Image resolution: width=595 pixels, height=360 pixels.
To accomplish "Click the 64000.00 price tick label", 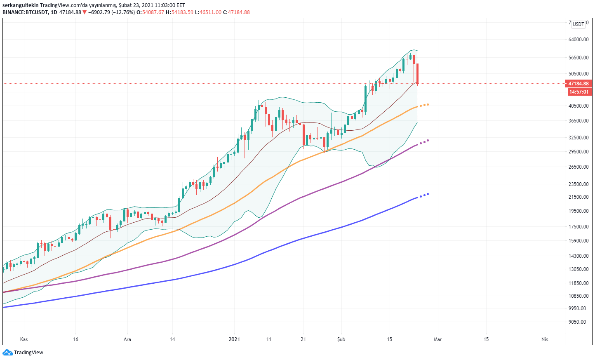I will [x=578, y=40].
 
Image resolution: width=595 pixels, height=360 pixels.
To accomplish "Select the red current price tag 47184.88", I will [x=579, y=84].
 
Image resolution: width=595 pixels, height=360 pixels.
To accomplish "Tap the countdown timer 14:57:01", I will [x=579, y=92].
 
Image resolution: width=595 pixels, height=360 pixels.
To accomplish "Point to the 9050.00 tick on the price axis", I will [x=577, y=322].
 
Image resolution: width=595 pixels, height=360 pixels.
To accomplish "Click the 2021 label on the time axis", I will [x=234, y=339].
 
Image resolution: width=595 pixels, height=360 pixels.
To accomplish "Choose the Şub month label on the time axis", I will [x=341, y=339].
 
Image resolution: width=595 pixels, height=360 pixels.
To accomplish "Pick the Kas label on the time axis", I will [x=24, y=339].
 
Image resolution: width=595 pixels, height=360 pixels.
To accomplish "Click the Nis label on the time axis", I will [x=545, y=339].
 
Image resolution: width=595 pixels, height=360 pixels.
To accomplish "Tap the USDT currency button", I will [x=579, y=24].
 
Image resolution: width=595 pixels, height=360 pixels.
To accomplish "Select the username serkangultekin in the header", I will [x=20, y=5].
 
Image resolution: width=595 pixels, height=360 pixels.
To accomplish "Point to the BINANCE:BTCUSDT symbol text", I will [x=25, y=12].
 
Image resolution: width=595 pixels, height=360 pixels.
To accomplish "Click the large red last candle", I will [x=418, y=73].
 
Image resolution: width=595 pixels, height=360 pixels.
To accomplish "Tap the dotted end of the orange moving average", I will [x=424, y=105].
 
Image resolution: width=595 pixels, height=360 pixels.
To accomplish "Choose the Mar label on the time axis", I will [x=437, y=339].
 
